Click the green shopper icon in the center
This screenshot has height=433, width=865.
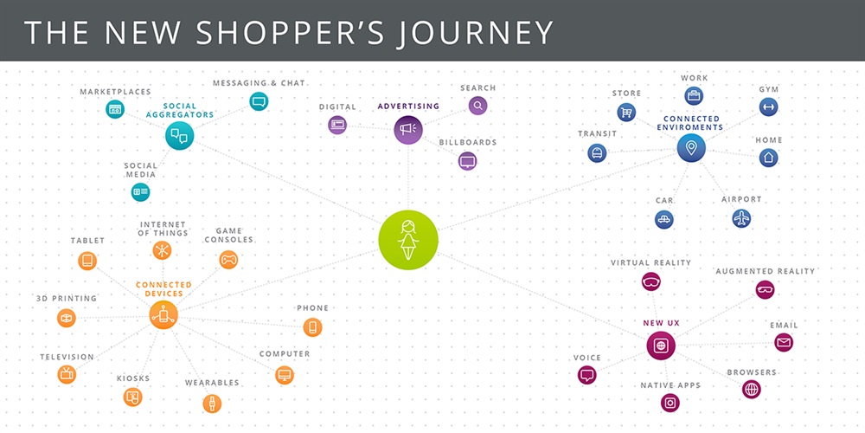pyautogui.click(x=408, y=239)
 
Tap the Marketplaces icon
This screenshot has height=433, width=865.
pyautogui.click(x=115, y=109)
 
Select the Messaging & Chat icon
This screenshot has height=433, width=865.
pyautogui.click(x=258, y=101)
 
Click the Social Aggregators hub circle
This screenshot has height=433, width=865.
pyautogui.click(x=179, y=135)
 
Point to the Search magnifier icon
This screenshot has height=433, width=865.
pyautogui.click(x=477, y=106)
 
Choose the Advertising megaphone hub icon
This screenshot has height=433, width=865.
pyautogui.click(x=408, y=130)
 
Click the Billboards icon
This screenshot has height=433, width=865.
pyautogui.click(x=467, y=160)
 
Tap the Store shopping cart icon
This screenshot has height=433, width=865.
pyautogui.click(x=625, y=112)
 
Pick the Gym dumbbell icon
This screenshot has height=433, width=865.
pyautogui.click(x=768, y=107)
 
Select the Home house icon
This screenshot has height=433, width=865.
pyautogui.click(x=768, y=158)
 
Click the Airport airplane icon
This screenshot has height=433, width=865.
pyautogui.click(x=741, y=218)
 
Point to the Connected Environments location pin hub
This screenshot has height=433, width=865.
pyautogui.click(x=691, y=148)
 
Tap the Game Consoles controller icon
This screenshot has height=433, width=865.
pyautogui.click(x=228, y=259)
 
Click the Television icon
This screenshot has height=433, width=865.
pyautogui.click(x=67, y=374)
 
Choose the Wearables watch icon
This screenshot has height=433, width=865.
pyautogui.click(x=210, y=404)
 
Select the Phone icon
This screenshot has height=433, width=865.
pyautogui.click(x=312, y=327)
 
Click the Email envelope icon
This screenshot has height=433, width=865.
pyautogui.click(x=784, y=343)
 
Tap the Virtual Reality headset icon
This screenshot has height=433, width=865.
pyautogui.click(x=651, y=281)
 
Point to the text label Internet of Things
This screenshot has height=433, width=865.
pyautogui.click(x=163, y=228)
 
